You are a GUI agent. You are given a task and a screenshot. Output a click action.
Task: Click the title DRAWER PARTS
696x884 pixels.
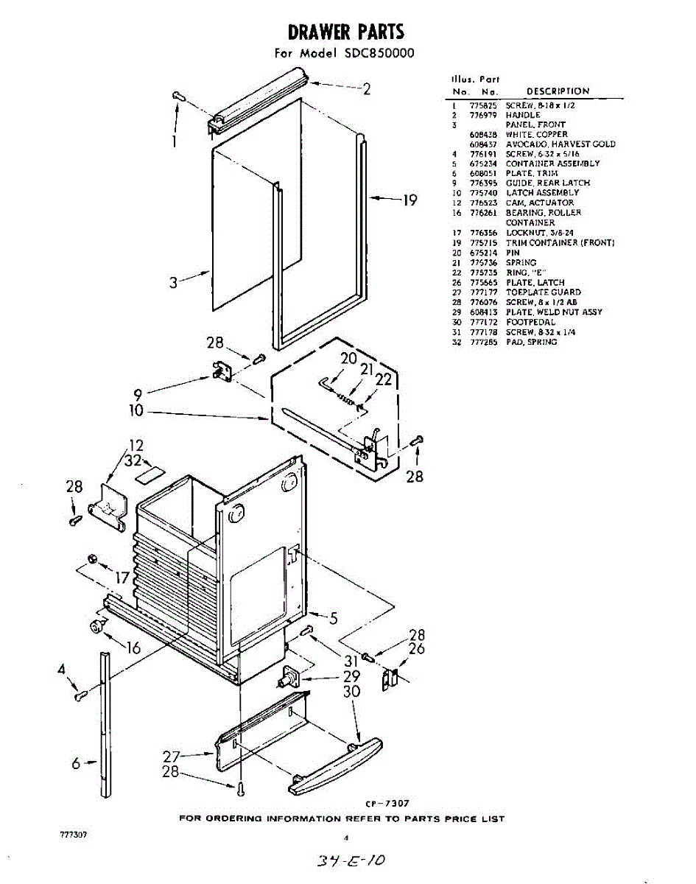pos(345,32)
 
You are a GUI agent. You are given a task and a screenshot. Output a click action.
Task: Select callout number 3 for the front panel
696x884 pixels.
pos(173,282)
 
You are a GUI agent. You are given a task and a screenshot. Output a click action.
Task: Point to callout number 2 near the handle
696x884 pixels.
pos(366,89)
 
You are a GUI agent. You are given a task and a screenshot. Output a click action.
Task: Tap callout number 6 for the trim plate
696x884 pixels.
pos(76,764)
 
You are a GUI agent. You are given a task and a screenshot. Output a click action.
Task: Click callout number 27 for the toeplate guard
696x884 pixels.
pos(171,756)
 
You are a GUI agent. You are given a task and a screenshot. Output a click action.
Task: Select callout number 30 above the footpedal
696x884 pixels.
pos(351,692)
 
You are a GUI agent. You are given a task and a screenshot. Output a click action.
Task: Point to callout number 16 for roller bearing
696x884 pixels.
pos(133,648)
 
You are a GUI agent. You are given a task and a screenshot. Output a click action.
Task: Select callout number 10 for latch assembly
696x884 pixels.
pos(136,411)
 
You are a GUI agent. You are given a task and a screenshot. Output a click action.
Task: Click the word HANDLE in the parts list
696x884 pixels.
pos(522,115)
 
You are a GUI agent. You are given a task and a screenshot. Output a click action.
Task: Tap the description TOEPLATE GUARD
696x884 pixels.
pos(543,292)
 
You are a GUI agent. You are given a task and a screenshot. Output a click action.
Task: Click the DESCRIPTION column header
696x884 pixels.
pos(558,91)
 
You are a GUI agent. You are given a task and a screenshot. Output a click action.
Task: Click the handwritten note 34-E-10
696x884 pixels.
pos(349,860)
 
